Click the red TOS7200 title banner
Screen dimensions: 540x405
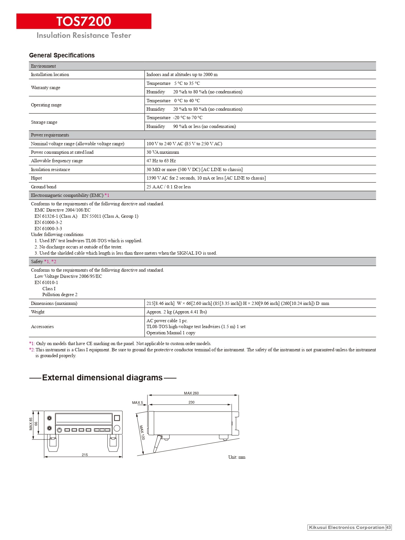pos(84,21)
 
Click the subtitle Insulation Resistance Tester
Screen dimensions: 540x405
pos(84,36)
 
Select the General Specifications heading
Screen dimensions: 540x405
pos(62,56)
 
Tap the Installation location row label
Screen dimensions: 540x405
pos(50,75)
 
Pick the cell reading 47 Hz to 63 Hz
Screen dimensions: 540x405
pos(161,161)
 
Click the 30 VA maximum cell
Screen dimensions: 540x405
pos(163,152)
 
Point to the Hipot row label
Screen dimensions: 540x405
pos(36,178)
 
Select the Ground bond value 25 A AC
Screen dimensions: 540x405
pos(168,187)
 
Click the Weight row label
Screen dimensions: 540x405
pos(38,312)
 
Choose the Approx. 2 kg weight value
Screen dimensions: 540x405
pos(177,312)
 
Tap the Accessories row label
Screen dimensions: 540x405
pos(42,327)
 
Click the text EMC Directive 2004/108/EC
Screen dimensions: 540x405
pos(62,210)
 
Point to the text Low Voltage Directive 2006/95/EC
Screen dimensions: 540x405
pos(68,277)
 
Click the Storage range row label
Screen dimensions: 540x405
pos(44,122)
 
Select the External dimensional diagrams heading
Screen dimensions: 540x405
pos(102,378)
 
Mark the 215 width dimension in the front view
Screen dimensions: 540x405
pos(85,455)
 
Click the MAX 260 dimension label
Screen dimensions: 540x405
pos(191,393)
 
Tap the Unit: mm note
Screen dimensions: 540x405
pos(237,457)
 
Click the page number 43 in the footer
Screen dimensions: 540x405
pos(388,528)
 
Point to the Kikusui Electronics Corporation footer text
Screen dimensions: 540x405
pos(346,528)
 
